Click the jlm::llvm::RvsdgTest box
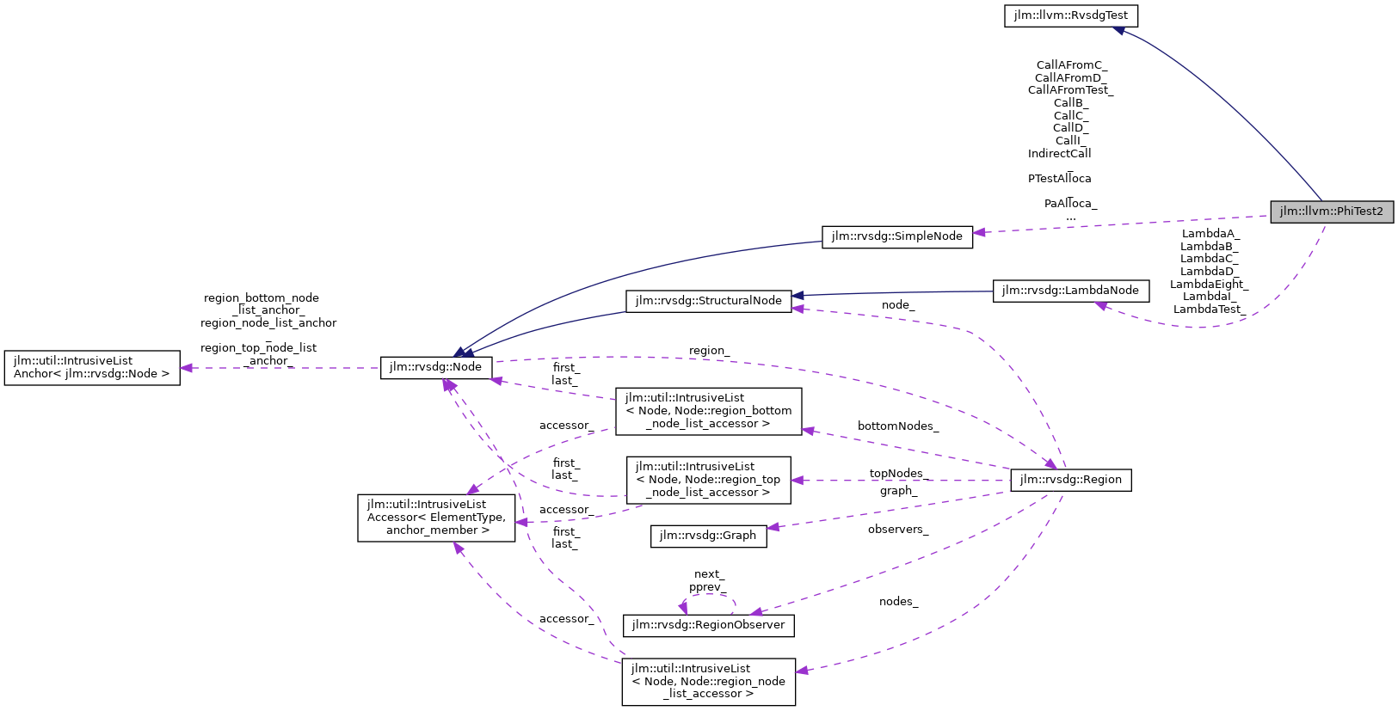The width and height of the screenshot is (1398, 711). pos(1071,15)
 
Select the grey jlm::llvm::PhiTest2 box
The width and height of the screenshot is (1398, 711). pos(1331,211)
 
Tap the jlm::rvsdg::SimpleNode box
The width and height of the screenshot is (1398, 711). pos(897,236)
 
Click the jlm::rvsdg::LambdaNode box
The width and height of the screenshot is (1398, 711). pos(1070,291)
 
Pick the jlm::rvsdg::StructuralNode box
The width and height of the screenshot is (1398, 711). pos(708,301)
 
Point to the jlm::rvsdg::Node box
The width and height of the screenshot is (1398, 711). pos(436,367)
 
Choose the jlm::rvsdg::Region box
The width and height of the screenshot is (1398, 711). pos(1070,480)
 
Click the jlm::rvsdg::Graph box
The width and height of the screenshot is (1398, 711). pos(708,536)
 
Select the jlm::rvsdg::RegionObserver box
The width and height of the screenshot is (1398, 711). pos(708,625)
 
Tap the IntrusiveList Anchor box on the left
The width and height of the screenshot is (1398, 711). pos(92,368)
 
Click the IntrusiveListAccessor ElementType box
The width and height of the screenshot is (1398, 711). pos(436,518)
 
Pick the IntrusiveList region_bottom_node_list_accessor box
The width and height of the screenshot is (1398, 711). pos(708,411)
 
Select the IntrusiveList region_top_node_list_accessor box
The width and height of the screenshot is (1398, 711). pos(708,480)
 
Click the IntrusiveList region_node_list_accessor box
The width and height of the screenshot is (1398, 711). pos(708,682)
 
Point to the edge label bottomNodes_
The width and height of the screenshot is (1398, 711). pos(897,426)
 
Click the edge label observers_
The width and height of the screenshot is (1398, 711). pos(897,530)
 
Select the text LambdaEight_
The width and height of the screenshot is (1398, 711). pos(1208,285)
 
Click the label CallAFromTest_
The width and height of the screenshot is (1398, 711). pos(1070,90)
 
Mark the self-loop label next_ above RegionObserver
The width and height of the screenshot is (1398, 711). pos(709,574)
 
